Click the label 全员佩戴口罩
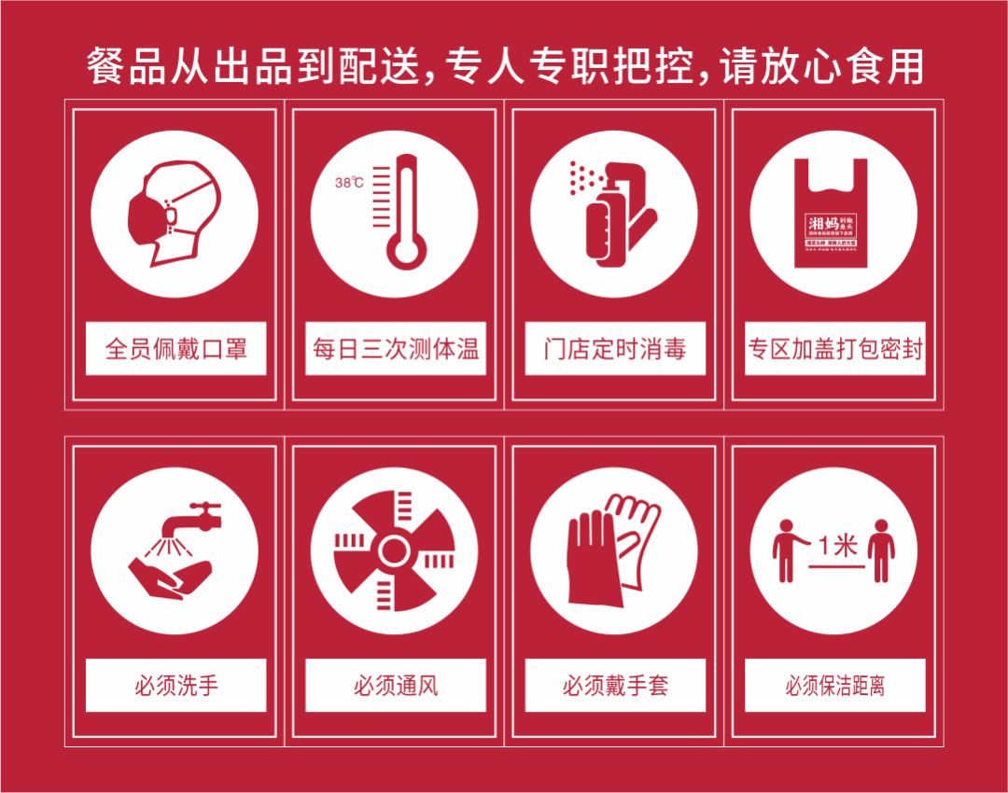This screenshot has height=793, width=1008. pos(175,349)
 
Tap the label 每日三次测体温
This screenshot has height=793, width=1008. pos(395,349)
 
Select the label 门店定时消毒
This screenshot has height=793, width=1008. pos(614,349)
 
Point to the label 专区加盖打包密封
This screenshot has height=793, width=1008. pos(834,349)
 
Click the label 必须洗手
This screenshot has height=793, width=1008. pos(175,686)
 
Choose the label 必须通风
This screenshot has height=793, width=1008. pos(395,686)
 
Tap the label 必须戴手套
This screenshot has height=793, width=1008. pos(614,686)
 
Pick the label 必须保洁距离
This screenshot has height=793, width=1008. pos(834,686)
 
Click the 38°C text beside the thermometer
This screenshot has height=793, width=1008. pos(349,183)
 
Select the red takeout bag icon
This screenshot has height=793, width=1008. pos(833,215)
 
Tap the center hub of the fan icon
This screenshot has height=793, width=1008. pos(395,550)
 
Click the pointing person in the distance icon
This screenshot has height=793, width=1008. pos(787,550)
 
